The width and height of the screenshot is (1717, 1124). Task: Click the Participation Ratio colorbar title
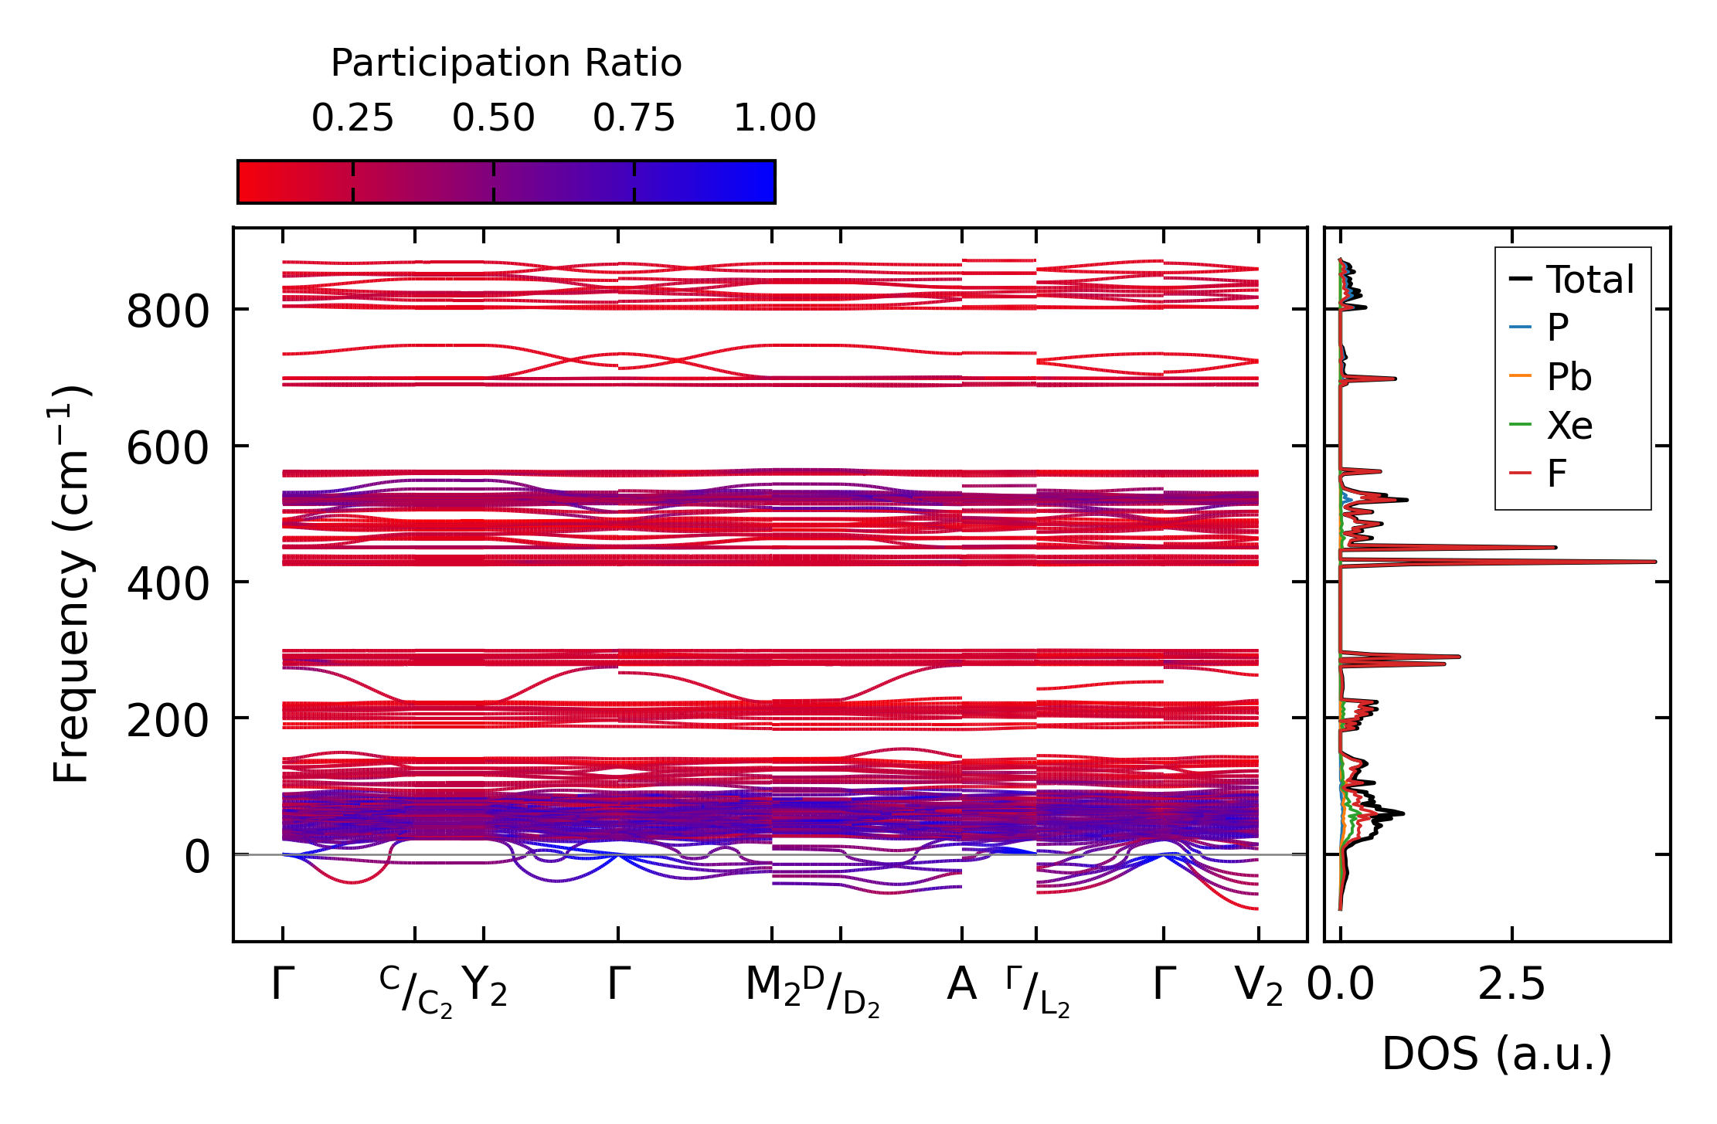point(506,63)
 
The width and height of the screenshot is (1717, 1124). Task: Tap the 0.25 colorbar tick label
point(352,118)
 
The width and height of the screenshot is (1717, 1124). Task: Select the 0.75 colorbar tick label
point(634,118)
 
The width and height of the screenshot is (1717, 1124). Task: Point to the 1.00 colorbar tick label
point(774,118)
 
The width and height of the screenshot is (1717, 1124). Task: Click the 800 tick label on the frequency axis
point(168,313)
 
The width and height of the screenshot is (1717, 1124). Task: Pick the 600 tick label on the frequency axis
point(168,449)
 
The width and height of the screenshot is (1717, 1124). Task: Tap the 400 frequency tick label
point(168,585)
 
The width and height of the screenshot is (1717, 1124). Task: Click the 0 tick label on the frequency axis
point(196,857)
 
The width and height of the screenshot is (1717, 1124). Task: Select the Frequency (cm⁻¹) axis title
point(71,584)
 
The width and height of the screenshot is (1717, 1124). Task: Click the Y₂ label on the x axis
point(484,986)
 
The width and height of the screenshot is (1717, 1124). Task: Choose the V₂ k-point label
point(1259,986)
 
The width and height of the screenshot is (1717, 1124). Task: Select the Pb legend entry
point(1569,377)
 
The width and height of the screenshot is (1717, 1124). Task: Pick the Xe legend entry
point(1569,426)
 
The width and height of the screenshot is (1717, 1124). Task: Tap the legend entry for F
point(1556,474)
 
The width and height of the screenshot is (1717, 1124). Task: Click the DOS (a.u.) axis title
point(1497,1054)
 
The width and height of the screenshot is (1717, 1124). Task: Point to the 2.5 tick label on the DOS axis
point(1511,986)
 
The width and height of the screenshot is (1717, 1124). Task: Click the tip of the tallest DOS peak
point(1655,562)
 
